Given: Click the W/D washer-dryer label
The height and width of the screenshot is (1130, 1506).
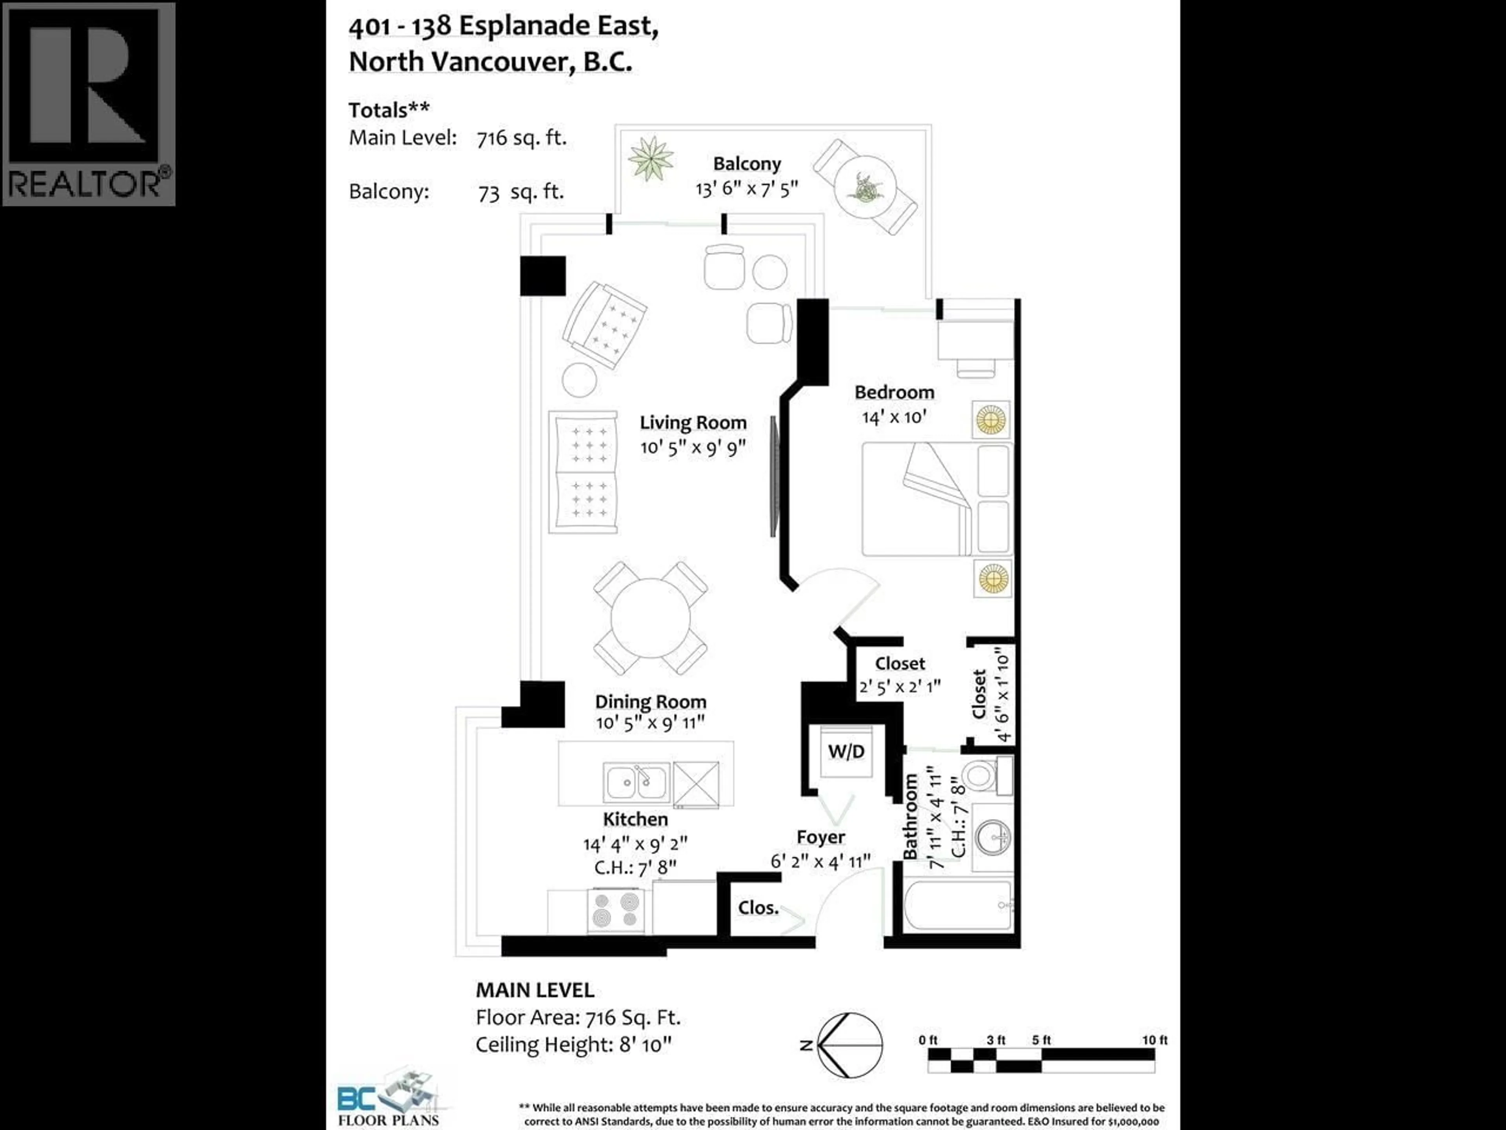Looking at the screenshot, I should (846, 751).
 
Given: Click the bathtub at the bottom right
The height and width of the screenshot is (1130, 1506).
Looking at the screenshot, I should (958, 906).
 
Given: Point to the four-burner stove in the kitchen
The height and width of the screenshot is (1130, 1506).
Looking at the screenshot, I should (616, 911).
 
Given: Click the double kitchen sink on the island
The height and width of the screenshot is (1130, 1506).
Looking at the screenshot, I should (636, 782).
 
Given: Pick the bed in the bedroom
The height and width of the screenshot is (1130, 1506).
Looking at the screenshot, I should (936, 499).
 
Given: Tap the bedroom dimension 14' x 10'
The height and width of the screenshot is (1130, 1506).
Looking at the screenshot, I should (894, 417).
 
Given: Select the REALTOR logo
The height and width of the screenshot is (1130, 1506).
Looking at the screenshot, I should (89, 104).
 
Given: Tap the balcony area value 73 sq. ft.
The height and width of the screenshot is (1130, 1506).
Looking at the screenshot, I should (521, 192).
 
